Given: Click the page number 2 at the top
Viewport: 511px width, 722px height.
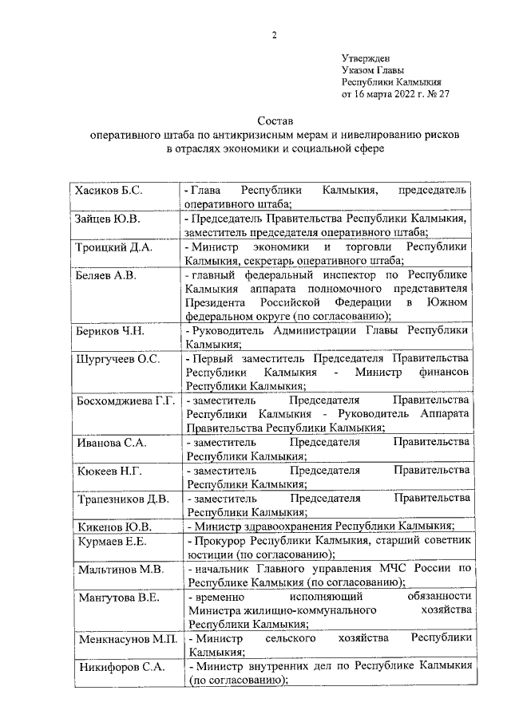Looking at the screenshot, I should [274, 35].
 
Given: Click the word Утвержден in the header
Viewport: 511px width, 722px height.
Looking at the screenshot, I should [366, 58].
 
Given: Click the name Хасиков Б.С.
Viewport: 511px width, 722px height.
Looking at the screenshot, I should [109, 191].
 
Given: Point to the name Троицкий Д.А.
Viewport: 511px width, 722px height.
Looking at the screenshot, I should [113, 248].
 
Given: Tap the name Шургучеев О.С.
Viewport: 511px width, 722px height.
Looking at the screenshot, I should [117, 359].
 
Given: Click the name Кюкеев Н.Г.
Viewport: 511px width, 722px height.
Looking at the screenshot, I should [109, 471].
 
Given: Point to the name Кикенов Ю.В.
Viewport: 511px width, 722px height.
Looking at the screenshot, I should [114, 527].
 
